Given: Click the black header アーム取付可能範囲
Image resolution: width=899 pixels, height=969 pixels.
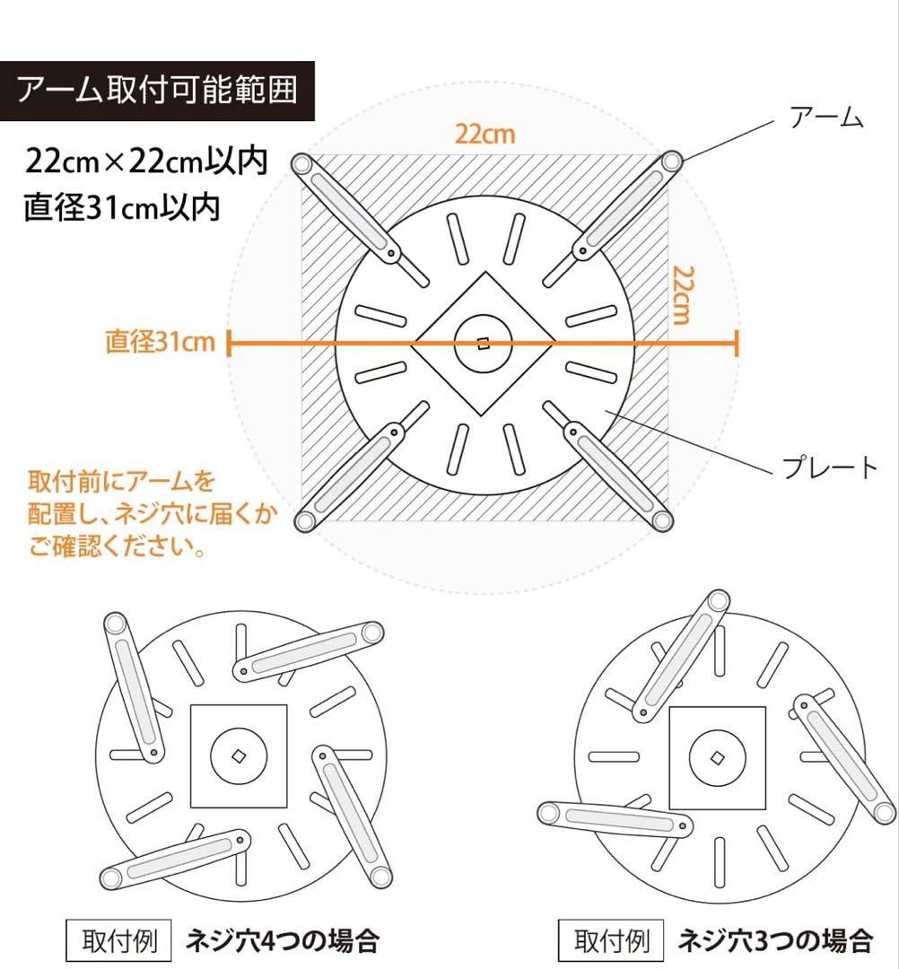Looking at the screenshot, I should point(157,91).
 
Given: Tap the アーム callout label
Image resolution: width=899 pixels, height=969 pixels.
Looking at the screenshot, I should point(825,118).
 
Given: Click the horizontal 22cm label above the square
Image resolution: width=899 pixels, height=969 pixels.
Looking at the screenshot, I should point(484,135).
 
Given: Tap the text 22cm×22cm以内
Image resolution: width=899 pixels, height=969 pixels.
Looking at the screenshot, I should point(146,163).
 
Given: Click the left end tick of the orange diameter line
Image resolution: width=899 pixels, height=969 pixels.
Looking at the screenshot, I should point(230,343).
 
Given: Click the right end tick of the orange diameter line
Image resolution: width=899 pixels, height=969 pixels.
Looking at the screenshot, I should point(737,343).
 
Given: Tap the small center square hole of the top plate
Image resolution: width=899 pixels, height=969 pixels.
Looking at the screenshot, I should point(484,343).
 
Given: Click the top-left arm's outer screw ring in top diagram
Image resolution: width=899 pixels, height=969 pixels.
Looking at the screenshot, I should point(301,165).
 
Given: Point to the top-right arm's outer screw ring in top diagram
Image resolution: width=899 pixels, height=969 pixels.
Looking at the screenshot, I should point(669,161).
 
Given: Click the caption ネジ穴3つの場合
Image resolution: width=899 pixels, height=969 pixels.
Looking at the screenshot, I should point(775,940).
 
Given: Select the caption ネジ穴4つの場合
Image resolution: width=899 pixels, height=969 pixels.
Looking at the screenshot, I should point(281,941).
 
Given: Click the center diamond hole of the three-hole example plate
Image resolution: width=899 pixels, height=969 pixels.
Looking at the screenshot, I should point(717,758).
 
